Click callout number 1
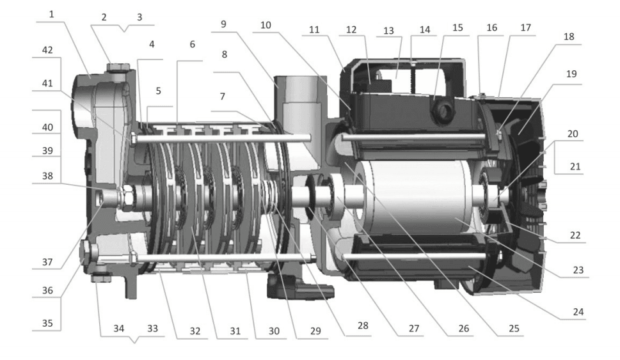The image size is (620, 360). (x=51, y=15)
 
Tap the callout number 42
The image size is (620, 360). (x=47, y=50)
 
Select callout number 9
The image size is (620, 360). (x=223, y=24)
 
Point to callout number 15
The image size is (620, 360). (x=457, y=27)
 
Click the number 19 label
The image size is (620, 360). (x=571, y=74)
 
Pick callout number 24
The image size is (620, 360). (x=578, y=312)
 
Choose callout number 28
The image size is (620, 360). (x=363, y=325)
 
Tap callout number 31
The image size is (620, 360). (x=235, y=331)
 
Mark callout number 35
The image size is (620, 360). (x=47, y=324)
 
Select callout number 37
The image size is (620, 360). (x=47, y=262)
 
